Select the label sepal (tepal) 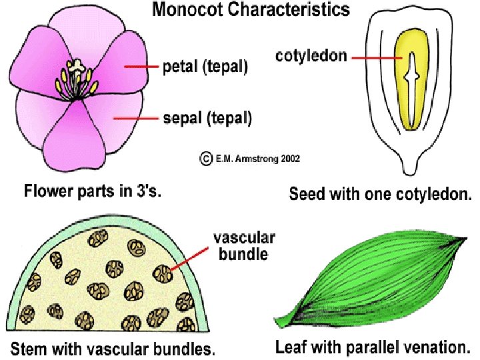207,119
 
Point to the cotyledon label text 311,57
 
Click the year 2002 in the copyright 287,159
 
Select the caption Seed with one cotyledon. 381,195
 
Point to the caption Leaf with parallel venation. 373,347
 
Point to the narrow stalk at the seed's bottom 413,162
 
